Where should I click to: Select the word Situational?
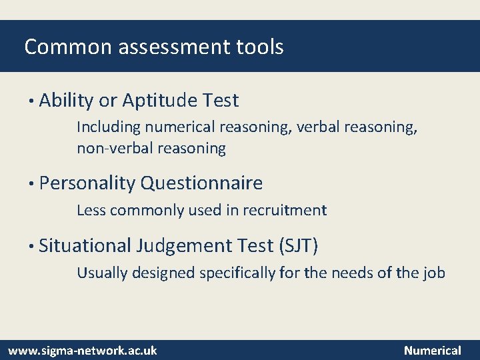coord(85,246)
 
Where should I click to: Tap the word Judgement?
coord(184,246)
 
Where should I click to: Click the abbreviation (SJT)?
coord(298,246)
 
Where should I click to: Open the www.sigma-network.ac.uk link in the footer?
coord(82,350)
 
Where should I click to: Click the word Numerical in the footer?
coord(433,350)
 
